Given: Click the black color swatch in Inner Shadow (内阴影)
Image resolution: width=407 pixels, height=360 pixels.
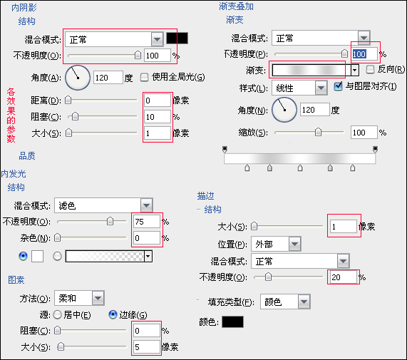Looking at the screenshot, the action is point(177,38).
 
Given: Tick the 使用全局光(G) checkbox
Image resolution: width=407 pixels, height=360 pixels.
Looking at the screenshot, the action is point(144,77).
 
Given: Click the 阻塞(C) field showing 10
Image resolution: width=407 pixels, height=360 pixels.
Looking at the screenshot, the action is point(158,117).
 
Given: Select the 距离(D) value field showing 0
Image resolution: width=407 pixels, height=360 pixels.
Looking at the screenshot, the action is point(158,101).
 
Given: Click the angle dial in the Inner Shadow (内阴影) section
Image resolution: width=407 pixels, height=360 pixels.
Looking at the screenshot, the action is point(78,78).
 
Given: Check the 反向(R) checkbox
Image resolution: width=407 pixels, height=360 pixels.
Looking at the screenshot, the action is point(370,69).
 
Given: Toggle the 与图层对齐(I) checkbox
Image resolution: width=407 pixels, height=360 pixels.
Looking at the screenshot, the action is point(338,86).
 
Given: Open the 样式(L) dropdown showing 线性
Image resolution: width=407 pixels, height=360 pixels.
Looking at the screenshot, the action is point(299,88).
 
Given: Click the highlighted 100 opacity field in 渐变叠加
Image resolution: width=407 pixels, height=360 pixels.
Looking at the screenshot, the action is point(364,54).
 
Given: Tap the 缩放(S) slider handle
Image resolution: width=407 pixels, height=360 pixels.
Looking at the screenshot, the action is point(318,132).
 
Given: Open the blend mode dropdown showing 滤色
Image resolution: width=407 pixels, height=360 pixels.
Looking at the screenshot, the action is point(103,205).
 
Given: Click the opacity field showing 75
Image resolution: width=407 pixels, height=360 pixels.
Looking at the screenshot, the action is point(147,222).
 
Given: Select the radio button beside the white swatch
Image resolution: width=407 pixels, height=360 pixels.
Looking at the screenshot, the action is point(23,256).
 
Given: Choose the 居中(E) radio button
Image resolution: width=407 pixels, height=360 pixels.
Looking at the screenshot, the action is point(57,315).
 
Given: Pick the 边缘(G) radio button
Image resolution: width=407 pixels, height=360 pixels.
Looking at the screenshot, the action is point(113,314).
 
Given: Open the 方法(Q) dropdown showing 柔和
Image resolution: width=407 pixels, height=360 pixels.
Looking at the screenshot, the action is point(79,298).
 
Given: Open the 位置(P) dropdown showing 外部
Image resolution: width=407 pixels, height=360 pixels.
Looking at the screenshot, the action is point(276,244).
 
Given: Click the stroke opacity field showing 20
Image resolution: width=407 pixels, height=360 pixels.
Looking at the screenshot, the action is point(343,277).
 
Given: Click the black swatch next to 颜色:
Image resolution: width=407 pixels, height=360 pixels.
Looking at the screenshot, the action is point(233,322).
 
